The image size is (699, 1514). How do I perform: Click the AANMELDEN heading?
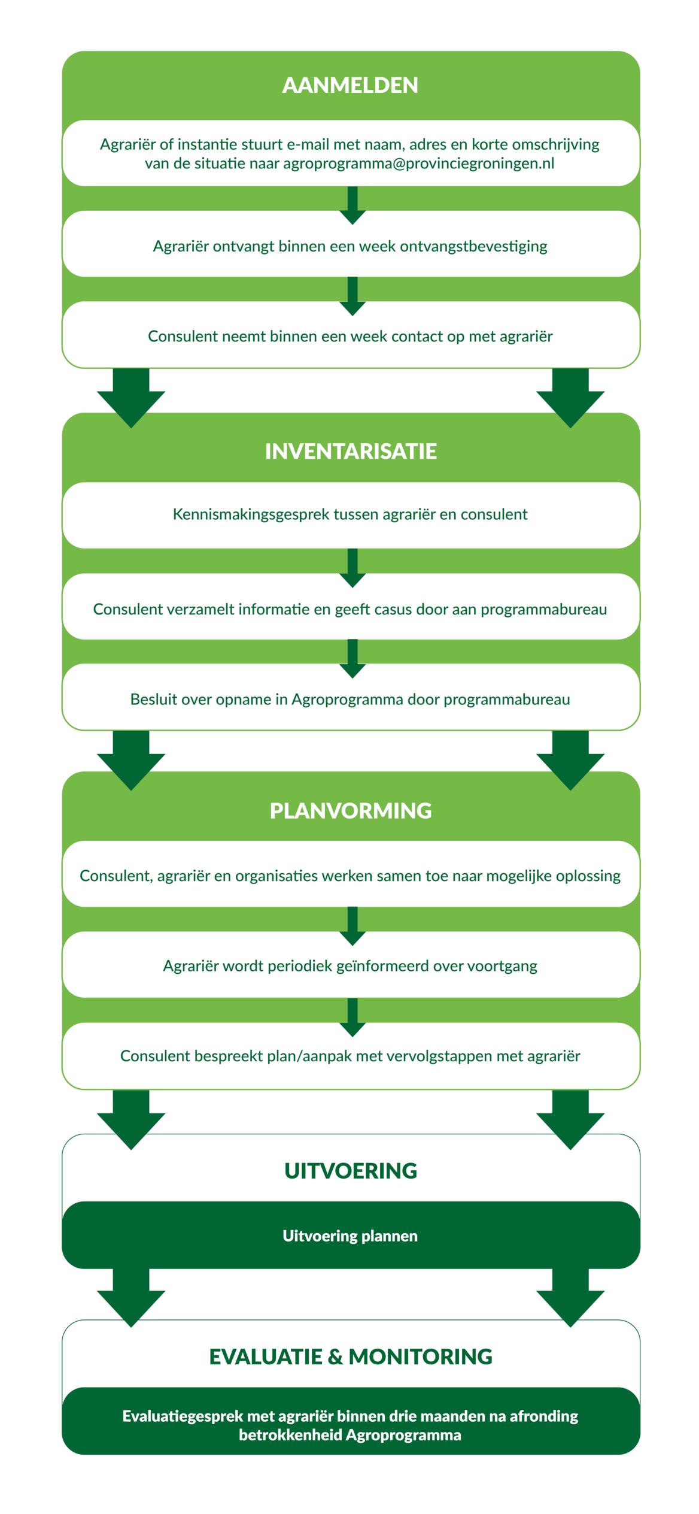pos(350,85)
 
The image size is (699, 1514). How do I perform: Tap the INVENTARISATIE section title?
pos(351,452)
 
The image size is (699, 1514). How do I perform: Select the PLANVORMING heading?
pos(351,811)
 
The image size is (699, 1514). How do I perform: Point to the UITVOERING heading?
pos(351,1171)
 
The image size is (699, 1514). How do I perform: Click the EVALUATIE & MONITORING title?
pos(351,1356)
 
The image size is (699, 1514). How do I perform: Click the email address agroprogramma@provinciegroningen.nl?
pos(418,163)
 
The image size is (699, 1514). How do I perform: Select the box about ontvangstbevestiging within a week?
pos(350,246)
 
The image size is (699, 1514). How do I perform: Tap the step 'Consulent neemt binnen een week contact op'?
pos(350,336)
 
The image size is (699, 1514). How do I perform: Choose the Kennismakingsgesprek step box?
pos(350,514)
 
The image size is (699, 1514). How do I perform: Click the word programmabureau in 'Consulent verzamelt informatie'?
pos(543,609)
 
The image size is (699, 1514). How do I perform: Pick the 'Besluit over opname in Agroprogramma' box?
pos(350,700)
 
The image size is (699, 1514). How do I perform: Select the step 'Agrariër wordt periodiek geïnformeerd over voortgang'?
pos(350,966)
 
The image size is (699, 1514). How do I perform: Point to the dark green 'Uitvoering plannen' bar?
pos(350,1236)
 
